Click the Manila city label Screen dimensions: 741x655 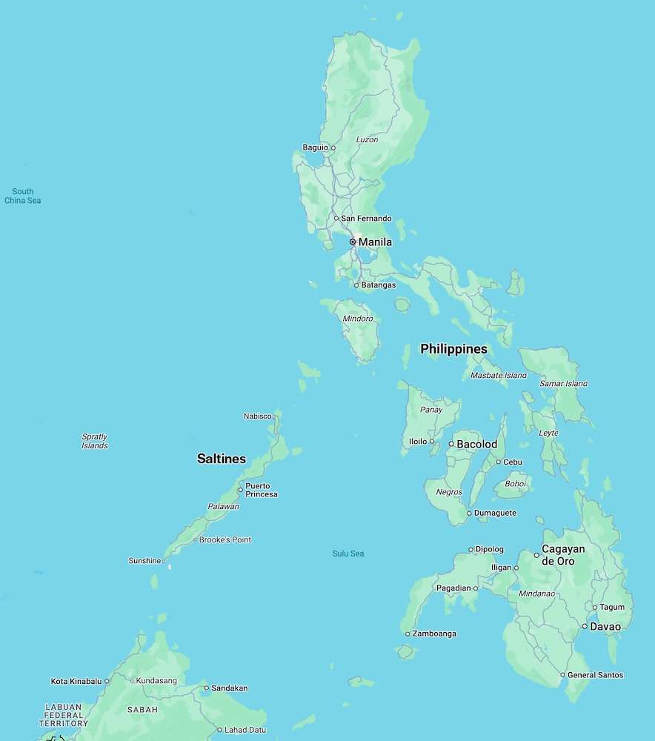[375, 242]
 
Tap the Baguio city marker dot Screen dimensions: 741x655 [333, 147]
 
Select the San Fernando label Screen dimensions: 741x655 [366, 219]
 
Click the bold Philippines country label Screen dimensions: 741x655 [453, 348]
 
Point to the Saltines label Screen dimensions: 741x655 [221, 459]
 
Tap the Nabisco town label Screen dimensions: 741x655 [257, 416]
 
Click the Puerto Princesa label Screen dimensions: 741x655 [262, 490]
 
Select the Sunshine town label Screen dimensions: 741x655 [144, 561]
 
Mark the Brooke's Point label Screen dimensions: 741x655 [225, 539]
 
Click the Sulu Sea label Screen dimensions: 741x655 [348, 554]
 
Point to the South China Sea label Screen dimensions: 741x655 [22, 196]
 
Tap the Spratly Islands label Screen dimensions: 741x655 [94, 441]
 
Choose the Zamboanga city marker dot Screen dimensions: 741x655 [407, 634]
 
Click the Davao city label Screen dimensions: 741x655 [605, 626]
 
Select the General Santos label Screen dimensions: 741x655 [595, 675]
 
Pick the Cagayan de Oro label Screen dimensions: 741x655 [563, 555]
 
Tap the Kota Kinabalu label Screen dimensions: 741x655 [76, 681]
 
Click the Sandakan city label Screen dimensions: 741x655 [229, 688]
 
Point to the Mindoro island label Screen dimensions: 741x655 [358, 319]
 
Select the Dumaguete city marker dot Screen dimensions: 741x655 [469, 513]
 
